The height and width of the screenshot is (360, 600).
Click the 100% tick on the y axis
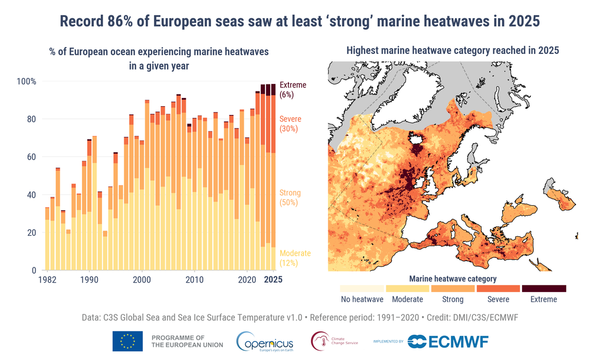click(26, 81)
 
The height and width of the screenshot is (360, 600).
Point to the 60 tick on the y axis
click(29, 157)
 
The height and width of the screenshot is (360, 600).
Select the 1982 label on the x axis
click(47, 280)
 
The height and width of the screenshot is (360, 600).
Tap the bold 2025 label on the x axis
click(272, 280)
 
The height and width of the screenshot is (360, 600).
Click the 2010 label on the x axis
click(195, 280)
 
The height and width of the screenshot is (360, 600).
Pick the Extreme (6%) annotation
click(292, 90)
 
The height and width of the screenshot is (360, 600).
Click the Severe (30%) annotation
click(291, 124)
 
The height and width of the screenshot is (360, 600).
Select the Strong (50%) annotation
click(289, 198)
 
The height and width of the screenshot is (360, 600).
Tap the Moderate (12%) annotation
click(295, 258)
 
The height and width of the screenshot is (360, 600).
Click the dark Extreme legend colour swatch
click(544, 288)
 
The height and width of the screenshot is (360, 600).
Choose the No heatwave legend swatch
click(362, 288)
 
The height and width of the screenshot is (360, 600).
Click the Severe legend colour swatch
click(498, 288)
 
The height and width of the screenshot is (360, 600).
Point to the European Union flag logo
click(127, 341)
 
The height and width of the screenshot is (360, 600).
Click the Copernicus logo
click(267, 341)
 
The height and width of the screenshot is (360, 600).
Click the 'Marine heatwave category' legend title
click(452, 279)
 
